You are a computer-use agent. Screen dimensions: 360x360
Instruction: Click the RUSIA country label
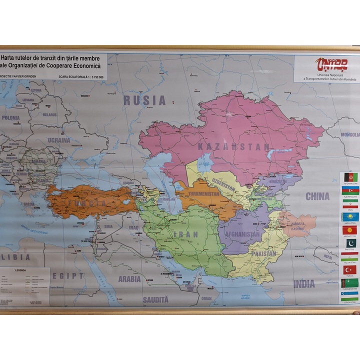point(144,100)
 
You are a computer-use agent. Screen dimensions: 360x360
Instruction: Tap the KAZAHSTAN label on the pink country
point(233,147)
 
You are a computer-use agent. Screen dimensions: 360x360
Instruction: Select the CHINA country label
point(317,195)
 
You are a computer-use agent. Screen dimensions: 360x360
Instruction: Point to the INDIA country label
point(304,283)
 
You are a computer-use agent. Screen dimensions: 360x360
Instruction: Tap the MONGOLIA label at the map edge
point(350,134)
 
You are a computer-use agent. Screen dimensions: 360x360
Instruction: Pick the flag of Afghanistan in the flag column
point(349,177)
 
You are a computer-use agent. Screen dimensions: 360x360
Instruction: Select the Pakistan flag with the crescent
point(349,243)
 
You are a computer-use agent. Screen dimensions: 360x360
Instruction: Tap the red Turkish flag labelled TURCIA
point(349,269)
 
